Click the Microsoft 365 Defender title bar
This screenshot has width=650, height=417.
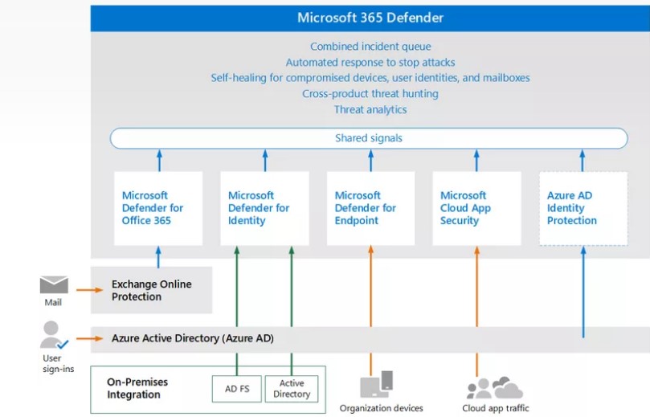tap(370, 18)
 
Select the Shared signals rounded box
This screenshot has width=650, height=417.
tap(369, 138)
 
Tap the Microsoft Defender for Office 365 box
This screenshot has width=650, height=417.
tap(158, 208)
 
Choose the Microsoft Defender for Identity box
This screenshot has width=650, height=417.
tap(264, 208)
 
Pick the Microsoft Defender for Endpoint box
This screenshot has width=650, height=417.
tap(370, 208)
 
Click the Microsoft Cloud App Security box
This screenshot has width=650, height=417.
tap(476, 208)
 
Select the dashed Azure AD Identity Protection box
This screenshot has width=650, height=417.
tap(583, 208)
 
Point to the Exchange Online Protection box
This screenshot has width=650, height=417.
tap(151, 290)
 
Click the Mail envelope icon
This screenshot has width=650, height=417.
tap(54, 285)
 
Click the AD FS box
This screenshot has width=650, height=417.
tap(237, 389)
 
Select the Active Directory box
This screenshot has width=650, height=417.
tap(292, 389)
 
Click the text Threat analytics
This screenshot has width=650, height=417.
tap(370, 109)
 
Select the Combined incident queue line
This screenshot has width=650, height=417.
tap(370, 47)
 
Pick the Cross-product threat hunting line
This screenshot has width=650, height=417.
tap(370, 94)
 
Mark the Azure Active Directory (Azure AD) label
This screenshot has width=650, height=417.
tap(193, 338)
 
